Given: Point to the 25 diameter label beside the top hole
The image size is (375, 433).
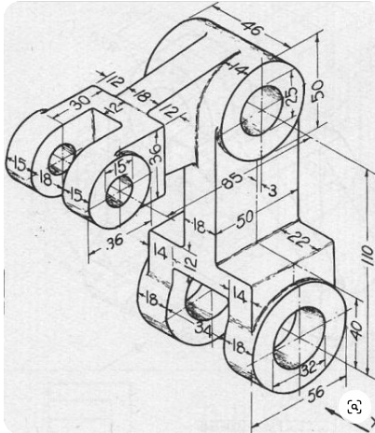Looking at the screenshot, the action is (290, 94).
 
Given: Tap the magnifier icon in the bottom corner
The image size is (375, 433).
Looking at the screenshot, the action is (354, 407).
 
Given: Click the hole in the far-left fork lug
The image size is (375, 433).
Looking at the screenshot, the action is (62, 157).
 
